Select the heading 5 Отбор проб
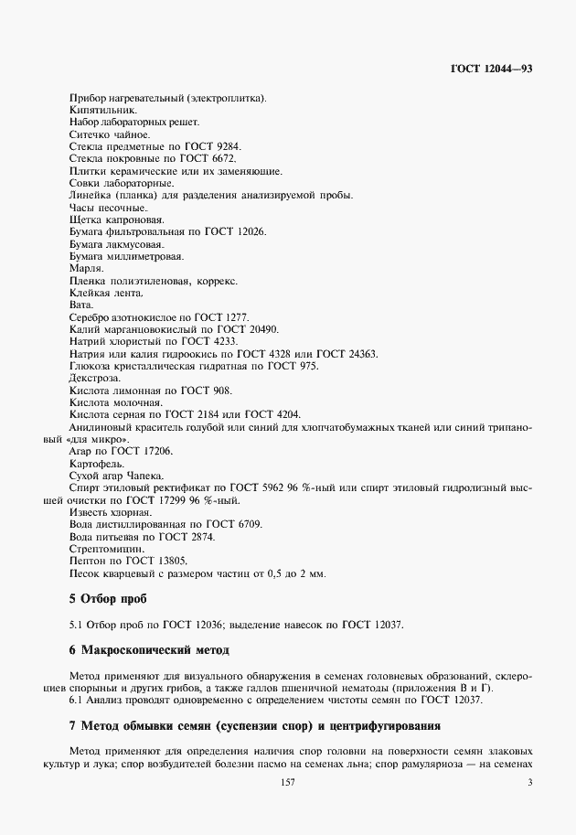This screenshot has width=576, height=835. (x=107, y=599)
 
